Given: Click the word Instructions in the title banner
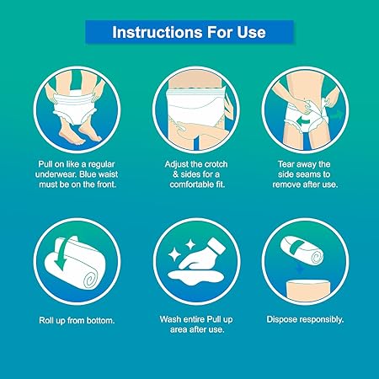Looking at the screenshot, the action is pos(157,32).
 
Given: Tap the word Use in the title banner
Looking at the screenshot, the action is pos(251,32).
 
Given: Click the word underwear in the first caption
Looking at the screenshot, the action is pos(56,174).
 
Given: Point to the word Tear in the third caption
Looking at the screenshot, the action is pos(286,164).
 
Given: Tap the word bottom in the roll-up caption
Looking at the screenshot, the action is pos(101,320).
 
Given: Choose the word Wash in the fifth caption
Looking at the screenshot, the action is pos(169,319).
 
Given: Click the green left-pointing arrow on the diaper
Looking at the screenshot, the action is pos(304,121).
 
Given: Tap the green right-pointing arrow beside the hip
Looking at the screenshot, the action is pos(336,115).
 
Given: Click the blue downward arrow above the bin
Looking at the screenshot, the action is pos(300,270).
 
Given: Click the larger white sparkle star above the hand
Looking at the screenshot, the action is pos(173,254).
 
